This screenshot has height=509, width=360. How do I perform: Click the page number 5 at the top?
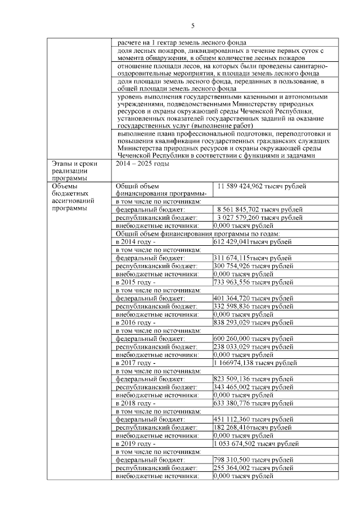pos(192,26)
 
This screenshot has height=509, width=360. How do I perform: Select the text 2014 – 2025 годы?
pos(143,164)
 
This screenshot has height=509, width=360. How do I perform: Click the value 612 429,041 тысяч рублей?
pos(253,242)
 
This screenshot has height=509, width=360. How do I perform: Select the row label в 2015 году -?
pos(136,282)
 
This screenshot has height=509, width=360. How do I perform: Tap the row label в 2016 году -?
pos(136,323)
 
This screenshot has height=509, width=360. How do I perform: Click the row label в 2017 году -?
pos(136,363)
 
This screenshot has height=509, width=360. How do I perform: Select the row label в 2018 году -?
pos(136,403)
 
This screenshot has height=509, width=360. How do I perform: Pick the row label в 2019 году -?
pos(136,444)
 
